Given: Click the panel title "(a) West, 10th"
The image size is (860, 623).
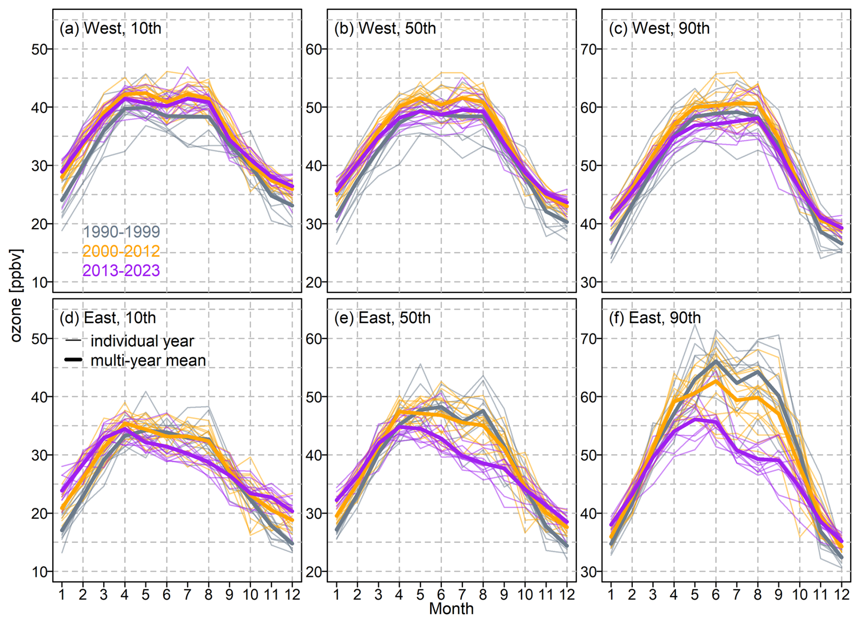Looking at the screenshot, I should tap(110, 28).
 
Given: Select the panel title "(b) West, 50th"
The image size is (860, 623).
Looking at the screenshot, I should tap(385, 28).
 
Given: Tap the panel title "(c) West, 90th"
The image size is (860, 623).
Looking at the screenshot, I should tap(659, 28).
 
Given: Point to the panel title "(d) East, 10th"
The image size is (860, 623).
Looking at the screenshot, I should tap(108, 318).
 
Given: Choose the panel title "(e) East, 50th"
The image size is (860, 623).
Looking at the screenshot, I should tap(382, 318).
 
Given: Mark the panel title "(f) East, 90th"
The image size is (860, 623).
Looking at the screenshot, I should tap(655, 318).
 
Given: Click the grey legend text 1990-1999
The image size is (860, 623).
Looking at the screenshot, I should tap(121, 232).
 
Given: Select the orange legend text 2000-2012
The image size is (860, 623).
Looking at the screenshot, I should tap(121, 251).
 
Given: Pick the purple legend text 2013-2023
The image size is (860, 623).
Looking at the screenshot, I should tap(121, 271).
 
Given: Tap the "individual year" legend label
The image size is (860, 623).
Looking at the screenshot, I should tap(142, 341).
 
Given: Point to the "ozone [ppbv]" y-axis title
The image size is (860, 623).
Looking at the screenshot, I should tap(16, 295).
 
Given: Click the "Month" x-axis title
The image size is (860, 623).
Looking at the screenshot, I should tap(451, 609).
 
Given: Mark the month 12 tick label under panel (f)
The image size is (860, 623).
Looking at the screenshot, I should tap(841, 594).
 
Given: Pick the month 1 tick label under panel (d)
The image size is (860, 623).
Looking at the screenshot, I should tap(62, 594).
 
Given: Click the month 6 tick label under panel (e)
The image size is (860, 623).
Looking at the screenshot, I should tap(441, 594).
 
